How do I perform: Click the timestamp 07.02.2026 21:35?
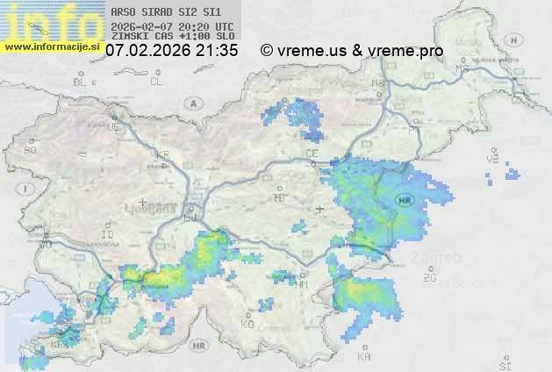click(x=171, y=51)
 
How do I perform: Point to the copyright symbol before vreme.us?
click(x=267, y=51)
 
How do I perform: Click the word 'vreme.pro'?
click(x=410, y=51)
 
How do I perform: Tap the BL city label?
click(x=81, y=82)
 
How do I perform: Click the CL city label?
click(x=156, y=82)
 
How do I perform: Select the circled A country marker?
click(x=191, y=103)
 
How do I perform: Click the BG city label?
click(x=31, y=150)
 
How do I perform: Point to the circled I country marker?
click(x=27, y=189)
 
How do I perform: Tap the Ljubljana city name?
click(x=157, y=210)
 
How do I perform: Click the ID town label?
click(x=108, y=235)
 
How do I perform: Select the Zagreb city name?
click(x=441, y=258)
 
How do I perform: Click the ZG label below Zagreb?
click(x=429, y=278)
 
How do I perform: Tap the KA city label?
click(x=364, y=356)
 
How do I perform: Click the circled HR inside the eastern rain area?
click(x=405, y=199)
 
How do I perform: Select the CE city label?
click(x=311, y=153)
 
